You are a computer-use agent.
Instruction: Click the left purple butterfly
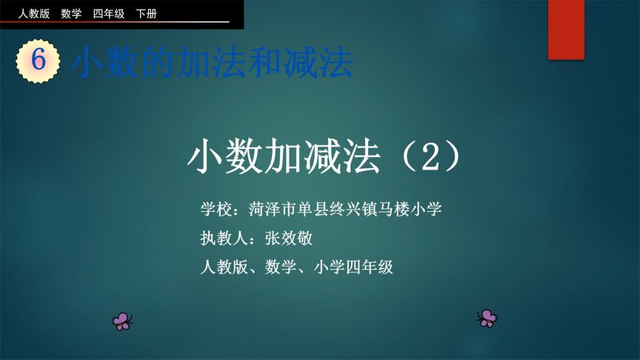tap(122, 321)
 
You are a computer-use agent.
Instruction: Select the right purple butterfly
tap(487, 318)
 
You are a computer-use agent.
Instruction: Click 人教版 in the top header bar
tap(33, 13)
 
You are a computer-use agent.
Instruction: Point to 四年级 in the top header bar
tap(109, 13)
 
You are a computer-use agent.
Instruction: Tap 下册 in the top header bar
tap(146, 13)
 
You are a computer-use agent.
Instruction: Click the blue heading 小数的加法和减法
tap(212, 64)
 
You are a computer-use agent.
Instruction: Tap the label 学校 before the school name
tap(216, 209)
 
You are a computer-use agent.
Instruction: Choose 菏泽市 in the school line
tap(273, 209)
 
